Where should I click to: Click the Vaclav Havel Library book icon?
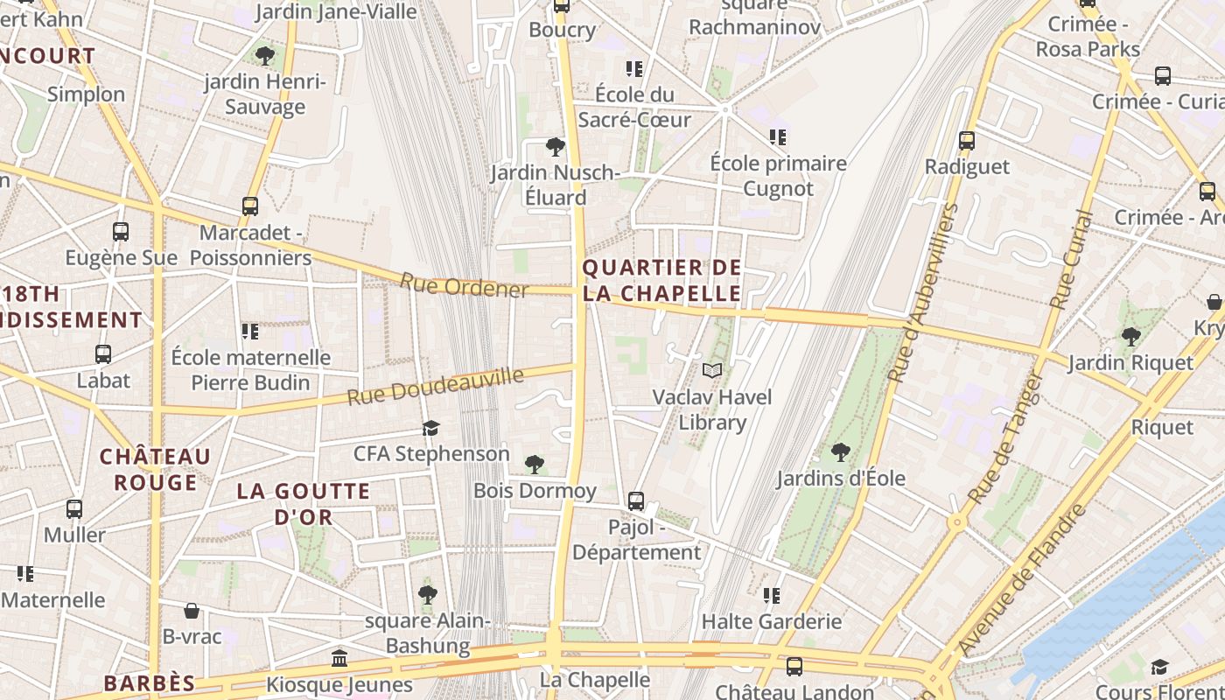click(x=712, y=371)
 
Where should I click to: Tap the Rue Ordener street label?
click(x=464, y=285)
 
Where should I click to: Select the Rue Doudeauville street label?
click(x=435, y=387)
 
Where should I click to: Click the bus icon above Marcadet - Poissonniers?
click(x=250, y=206)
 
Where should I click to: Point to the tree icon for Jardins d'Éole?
click(x=840, y=452)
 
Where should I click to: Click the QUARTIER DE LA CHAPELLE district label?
click(x=661, y=281)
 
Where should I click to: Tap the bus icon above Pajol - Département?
click(x=636, y=501)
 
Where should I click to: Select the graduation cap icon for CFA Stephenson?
click(x=430, y=428)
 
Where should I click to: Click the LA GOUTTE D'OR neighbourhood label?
click(x=304, y=504)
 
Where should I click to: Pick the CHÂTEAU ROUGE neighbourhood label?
click(x=155, y=469)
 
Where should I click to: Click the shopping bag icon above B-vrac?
click(x=192, y=611)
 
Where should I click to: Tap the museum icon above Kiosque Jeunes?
click(x=339, y=658)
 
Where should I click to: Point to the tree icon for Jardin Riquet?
click(x=1130, y=336)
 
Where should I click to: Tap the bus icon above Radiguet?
click(x=966, y=140)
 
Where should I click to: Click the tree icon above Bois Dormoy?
click(x=534, y=465)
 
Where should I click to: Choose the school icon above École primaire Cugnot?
click(x=778, y=137)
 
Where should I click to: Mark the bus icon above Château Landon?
click(x=794, y=666)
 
